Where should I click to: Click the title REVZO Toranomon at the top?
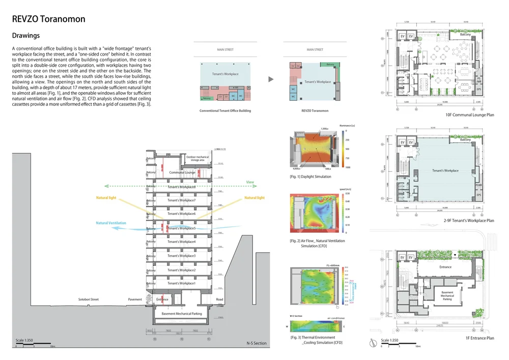tap(48, 19)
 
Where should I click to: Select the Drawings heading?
tap(25, 36)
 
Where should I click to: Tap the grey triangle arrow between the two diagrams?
tap(270, 79)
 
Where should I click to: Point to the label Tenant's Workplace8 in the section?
tap(181, 187)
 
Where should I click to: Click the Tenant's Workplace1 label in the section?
tap(181, 283)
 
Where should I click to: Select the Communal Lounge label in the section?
tap(182, 173)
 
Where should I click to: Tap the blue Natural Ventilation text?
tap(111, 223)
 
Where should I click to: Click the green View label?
tap(249, 182)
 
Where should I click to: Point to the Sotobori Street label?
tap(88, 299)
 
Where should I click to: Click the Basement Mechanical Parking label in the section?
tap(182, 314)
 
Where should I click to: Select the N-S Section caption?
tap(257, 343)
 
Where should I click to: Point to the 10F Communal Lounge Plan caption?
tap(469, 115)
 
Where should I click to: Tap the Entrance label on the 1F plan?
tap(445, 267)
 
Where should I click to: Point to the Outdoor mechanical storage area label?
tap(197, 158)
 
